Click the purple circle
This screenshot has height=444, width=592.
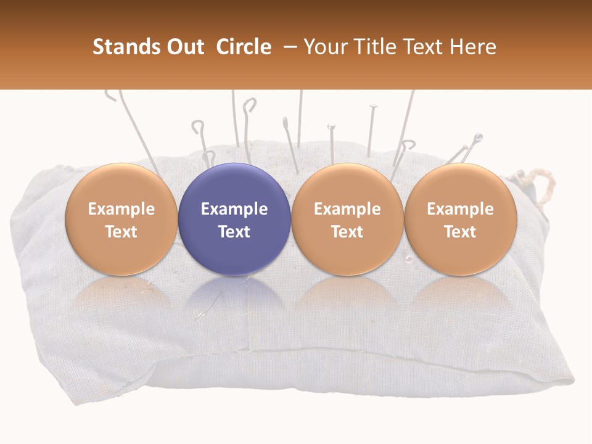point(234,185)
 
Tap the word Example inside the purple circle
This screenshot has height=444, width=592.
point(234,209)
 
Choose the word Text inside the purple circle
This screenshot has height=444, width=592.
point(234,232)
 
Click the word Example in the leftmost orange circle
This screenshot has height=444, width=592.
point(121,209)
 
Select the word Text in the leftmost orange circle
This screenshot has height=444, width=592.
point(121,232)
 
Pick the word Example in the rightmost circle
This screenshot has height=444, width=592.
point(460,209)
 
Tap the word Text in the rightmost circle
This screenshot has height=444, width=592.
point(460,232)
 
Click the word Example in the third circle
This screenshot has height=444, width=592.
point(347,209)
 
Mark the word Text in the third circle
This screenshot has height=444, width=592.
point(347,232)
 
